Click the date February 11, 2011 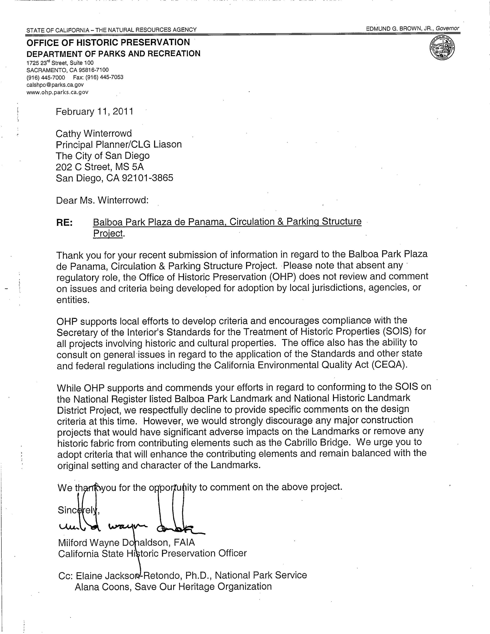[95, 112]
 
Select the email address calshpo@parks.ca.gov [53, 85]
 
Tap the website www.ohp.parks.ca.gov [57, 92]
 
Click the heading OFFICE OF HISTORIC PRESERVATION [108, 42]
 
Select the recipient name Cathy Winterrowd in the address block [94, 133]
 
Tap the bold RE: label [64, 222]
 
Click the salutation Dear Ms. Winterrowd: [102, 200]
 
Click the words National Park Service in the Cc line [261, 575]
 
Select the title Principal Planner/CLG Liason [119, 144]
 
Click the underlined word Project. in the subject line [109, 233]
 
